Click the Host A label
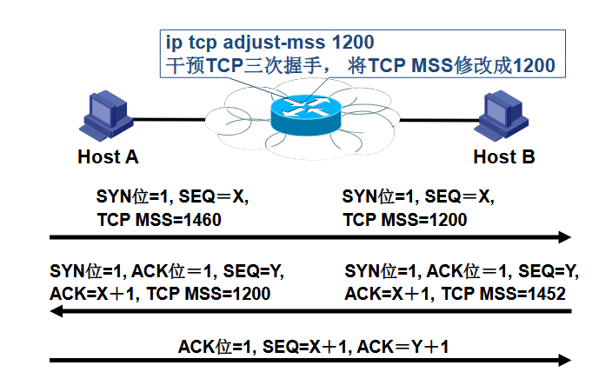[x=108, y=157]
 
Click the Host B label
[x=503, y=157]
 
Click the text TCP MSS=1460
[x=159, y=220]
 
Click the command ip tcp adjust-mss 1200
[x=270, y=43]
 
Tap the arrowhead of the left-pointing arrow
[x=56, y=310]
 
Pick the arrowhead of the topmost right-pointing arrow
[x=565, y=236]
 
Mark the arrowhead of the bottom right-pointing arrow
[x=565, y=360]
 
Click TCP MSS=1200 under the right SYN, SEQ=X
[x=405, y=220]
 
